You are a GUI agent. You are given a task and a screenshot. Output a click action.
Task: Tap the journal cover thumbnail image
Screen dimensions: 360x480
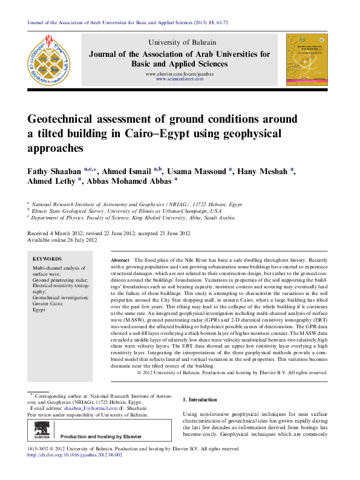(x=307, y=59)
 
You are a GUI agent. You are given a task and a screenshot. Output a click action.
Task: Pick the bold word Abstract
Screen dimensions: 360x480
(x=120, y=259)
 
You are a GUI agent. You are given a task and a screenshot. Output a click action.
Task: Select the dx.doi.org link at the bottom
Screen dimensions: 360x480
(x=75, y=455)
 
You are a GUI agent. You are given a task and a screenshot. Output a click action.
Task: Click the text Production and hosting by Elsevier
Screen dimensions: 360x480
(x=101, y=436)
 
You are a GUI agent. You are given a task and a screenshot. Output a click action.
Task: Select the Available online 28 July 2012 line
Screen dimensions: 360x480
(x=63, y=240)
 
